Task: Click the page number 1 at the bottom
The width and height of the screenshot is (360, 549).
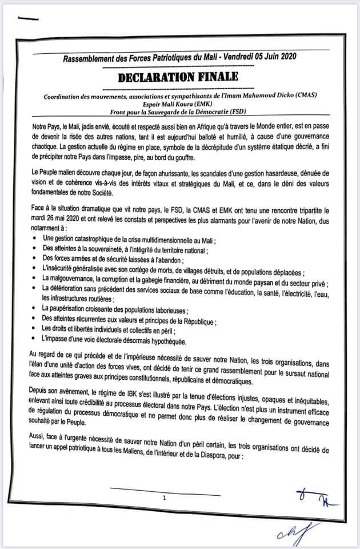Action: (x=164, y=498)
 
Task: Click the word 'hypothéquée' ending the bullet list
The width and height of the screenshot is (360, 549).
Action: (x=166, y=341)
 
